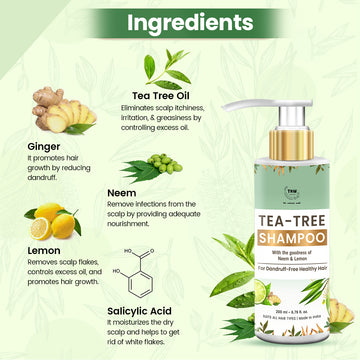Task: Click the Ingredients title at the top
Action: [x=180, y=21]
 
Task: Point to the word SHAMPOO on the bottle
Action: [x=261, y=213]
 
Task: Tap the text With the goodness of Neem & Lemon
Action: [x=262, y=229]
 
